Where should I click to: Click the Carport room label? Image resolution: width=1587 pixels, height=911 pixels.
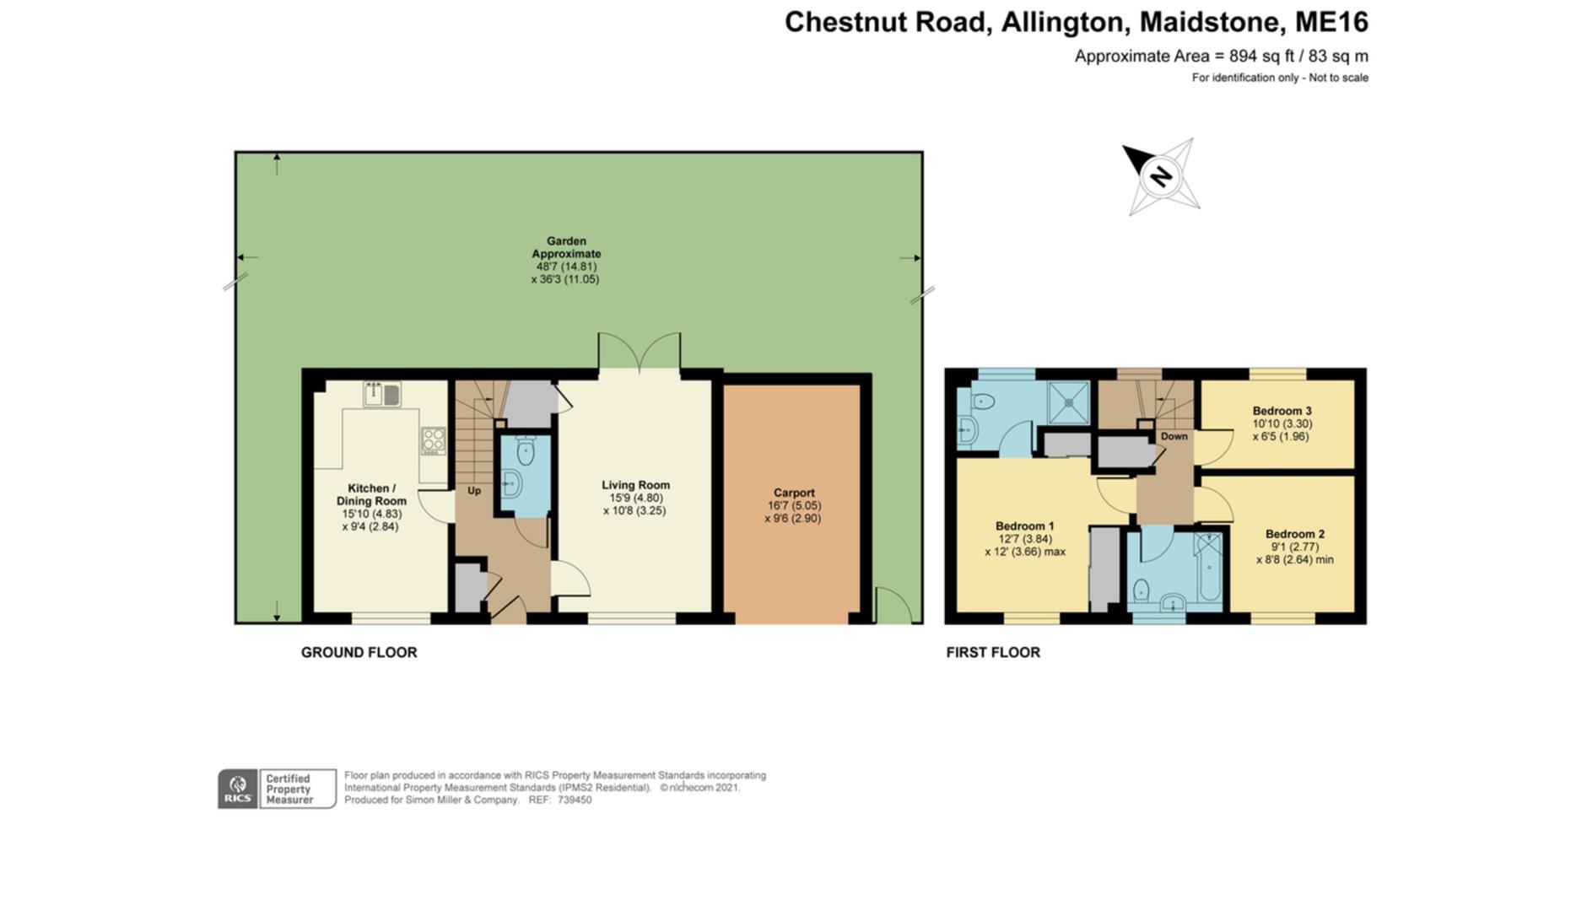tap(794, 493)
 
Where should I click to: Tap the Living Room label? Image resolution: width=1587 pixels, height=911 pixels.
tap(635, 486)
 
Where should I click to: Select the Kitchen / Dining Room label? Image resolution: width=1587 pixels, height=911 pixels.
tap(371, 495)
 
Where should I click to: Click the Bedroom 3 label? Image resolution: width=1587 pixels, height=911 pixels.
tap(1282, 412)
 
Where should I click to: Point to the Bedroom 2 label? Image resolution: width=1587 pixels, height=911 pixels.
tap(1294, 534)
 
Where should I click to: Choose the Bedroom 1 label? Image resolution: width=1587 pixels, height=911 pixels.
tap(1024, 526)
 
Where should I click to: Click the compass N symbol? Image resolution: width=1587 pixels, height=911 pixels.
tap(1161, 176)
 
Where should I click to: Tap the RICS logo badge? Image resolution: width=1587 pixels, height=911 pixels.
tap(238, 790)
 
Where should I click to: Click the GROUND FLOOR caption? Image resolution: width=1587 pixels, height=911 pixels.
tap(359, 652)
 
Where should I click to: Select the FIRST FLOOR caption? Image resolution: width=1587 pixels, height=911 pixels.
tap(992, 652)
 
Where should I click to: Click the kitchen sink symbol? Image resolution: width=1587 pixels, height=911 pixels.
tap(382, 394)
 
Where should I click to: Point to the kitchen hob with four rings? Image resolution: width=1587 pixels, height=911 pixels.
tap(433, 440)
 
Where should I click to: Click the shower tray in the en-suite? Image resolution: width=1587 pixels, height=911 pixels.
tap(1068, 402)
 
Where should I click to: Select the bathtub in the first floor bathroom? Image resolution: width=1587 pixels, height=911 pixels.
tap(1209, 566)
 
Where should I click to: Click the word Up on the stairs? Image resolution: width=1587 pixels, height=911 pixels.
tap(474, 491)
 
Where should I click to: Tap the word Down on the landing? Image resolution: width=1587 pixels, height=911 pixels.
tap(1174, 437)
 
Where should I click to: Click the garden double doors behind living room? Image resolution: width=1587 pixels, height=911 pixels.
tap(639, 352)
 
